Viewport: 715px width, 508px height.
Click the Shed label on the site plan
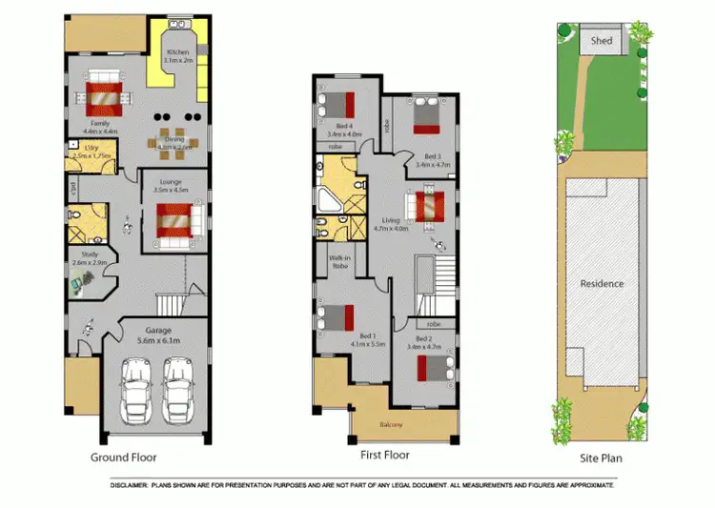coord(601,41)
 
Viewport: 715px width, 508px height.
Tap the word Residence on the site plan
coord(603,283)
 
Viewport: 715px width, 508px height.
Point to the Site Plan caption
coord(603,457)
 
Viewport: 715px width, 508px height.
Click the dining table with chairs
coord(174,140)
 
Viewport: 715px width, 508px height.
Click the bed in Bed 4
coord(340,103)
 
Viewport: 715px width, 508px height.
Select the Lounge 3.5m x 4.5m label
coord(170,186)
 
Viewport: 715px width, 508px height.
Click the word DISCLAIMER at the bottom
coord(133,485)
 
